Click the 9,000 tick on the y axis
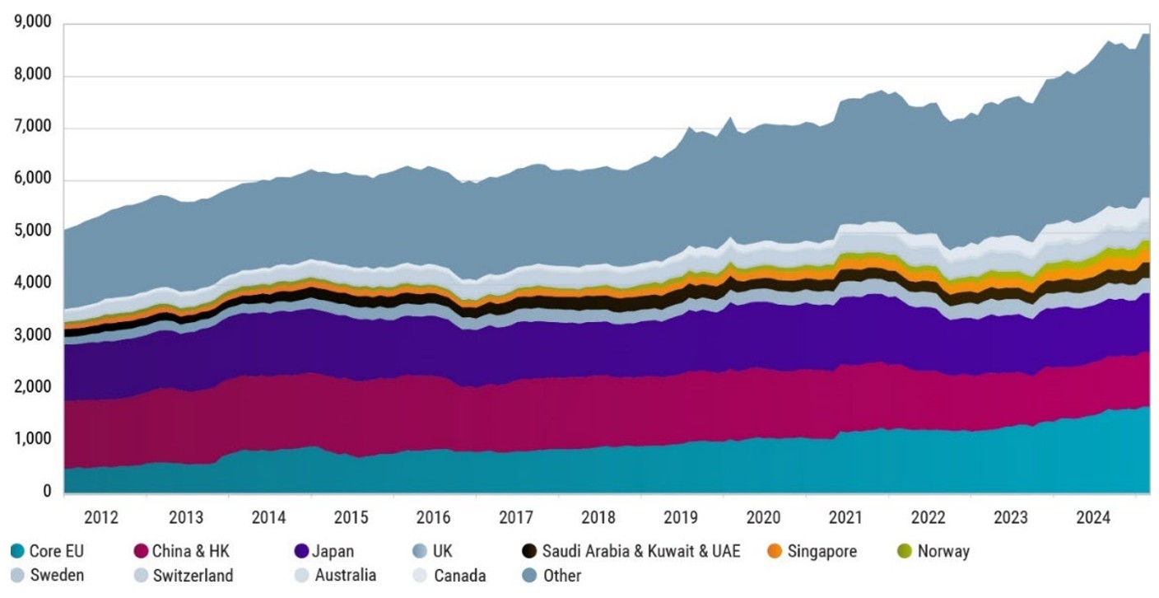click(x=30, y=24)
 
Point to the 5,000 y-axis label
click(x=30, y=231)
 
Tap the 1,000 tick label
click(x=30, y=440)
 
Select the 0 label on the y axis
click(x=46, y=492)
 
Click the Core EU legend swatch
click(x=18, y=551)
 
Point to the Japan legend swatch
click(x=300, y=551)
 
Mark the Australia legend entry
click(x=345, y=575)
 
